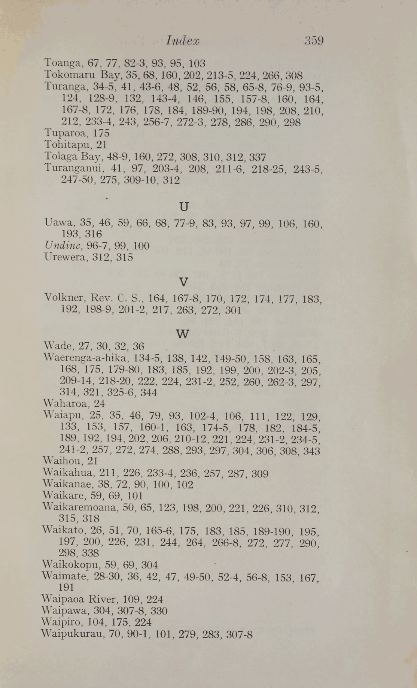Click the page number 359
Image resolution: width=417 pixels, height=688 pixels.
(x=314, y=40)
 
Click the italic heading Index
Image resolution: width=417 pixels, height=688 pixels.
(x=182, y=40)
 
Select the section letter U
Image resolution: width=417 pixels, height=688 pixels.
(x=184, y=206)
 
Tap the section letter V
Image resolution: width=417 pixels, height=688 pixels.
(x=183, y=282)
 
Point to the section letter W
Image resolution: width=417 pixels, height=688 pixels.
(x=182, y=334)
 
